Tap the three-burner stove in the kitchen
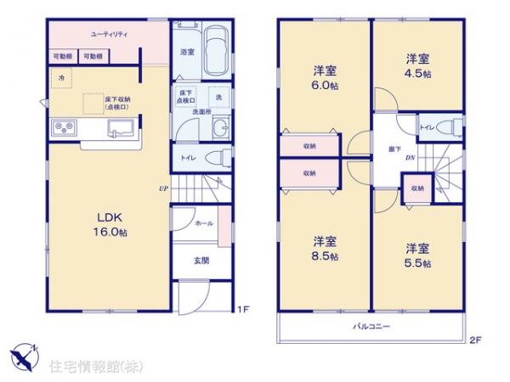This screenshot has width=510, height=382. click(x=65, y=128)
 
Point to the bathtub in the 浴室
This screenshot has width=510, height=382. click(x=218, y=52)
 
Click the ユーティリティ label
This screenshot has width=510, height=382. click(x=110, y=33)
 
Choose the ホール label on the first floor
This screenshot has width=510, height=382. click(x=204, y=223)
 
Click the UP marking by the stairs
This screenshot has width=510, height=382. click(x=161, y=188)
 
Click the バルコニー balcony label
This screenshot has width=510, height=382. click(x=371, y=326)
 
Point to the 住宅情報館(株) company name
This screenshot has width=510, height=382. click(x=98, y=366)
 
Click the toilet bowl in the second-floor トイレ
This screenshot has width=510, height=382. click(x=453, y=128)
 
